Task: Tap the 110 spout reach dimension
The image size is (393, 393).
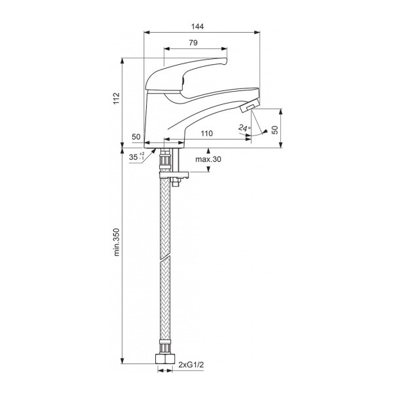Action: point(207,134)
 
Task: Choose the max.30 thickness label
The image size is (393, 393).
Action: point(208,160)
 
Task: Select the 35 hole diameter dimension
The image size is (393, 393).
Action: point(134,157)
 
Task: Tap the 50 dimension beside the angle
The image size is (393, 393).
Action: point(275,129)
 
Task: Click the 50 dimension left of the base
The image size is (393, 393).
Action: point(136,136)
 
